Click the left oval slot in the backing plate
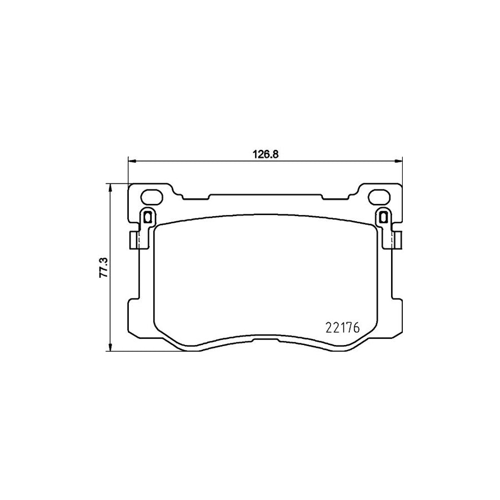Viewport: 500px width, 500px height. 151,197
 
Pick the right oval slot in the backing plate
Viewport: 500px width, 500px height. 379,197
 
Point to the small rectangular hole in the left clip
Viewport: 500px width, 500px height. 147,217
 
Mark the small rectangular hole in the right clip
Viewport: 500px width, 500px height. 383,217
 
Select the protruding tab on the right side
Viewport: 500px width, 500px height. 398,240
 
